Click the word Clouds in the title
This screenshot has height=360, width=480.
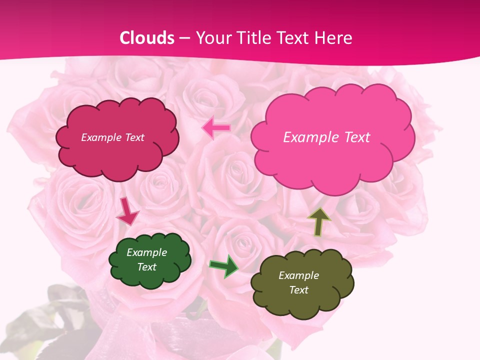tap(146, 38)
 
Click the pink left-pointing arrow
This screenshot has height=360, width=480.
tap(216, 128)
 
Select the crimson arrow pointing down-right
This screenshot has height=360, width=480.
tap(127, 212)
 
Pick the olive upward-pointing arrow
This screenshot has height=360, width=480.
tap(318, 221)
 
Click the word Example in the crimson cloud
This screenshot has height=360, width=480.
tap(101, 137)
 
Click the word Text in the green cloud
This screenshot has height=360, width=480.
tap(147, 267)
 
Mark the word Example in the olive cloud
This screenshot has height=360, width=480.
tap(298, 275)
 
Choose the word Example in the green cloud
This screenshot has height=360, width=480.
tap(147, 252)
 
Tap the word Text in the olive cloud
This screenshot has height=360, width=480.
tap(298, 290)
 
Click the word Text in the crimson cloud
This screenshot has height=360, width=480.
tap(134, 137)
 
